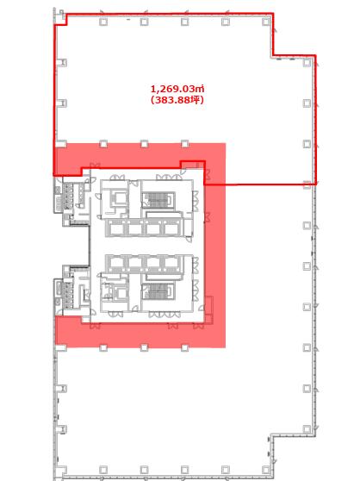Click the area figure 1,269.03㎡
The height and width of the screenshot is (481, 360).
[177, 90]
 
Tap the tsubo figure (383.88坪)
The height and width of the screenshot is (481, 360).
[177, 100]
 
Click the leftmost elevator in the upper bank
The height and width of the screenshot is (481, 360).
[117, 228]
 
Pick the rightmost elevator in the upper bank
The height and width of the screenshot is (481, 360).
[171, 228]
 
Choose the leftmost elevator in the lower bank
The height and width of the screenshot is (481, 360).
[117, 262]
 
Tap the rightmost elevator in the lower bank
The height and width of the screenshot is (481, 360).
[171, 262]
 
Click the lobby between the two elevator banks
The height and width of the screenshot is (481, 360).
[144, 246]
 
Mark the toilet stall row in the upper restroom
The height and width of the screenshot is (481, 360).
[68, 197]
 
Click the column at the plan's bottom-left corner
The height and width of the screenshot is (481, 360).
[62, 469]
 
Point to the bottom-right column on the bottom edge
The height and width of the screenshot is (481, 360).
[266, 469]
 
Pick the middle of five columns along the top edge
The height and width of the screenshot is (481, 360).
[185, 22]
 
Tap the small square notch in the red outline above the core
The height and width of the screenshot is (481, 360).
[192, 165]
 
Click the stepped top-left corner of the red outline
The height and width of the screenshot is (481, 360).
[61, 19]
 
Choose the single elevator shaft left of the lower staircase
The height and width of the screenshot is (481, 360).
[120, 292]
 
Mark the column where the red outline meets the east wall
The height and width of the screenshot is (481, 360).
[307, 184]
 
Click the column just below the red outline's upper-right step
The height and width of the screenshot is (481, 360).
[307, 63]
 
